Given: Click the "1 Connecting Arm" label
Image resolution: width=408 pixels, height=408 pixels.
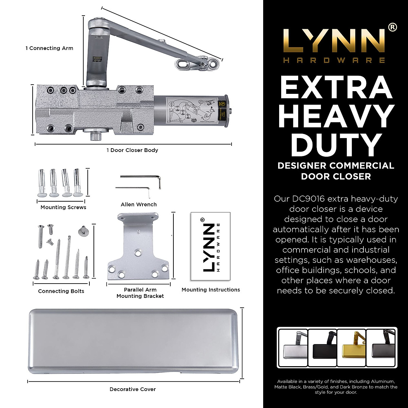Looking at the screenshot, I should [x=49, y=48].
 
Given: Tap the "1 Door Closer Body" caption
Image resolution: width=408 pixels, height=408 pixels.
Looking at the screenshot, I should [x=132, y=150].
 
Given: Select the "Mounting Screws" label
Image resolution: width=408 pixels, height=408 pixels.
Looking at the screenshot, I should [x=63, y=207].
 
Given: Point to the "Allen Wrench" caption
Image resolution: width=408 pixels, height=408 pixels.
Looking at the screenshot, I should [x=139, y=205].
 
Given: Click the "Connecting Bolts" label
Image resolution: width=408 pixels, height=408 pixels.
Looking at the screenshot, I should [x=61, y=291].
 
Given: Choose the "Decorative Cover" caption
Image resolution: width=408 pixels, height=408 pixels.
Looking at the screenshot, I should [x=133, y=389].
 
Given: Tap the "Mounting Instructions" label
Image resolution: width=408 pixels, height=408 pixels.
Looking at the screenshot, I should [x=211, y=290].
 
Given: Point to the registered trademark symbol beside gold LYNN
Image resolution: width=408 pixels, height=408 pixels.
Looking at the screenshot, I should [x=392, y=27].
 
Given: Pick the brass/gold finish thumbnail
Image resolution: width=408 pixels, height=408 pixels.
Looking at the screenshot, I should [x=351, y=347].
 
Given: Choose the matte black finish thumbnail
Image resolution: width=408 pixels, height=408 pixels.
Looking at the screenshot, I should [x=322, y=347].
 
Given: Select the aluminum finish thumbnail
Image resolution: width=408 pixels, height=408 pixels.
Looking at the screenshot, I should [x=293, y=347].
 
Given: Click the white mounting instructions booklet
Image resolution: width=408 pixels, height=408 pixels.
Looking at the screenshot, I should [x=210, y=246].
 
